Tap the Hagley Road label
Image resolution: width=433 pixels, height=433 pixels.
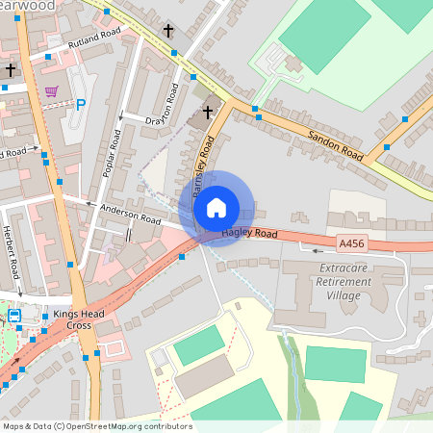click(x=249, y=233)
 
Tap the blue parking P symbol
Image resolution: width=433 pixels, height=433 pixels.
click(x=81, y=105)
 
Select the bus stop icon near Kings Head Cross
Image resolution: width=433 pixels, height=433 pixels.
click(x=13, y=316)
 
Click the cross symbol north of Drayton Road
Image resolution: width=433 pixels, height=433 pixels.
click(x=168, y=31)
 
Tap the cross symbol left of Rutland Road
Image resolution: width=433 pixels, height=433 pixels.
click(x=12, y=69)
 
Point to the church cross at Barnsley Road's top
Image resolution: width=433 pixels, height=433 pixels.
click(x=206, y=114)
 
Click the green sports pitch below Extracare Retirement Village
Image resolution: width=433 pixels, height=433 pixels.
click(x=335, y=365)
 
